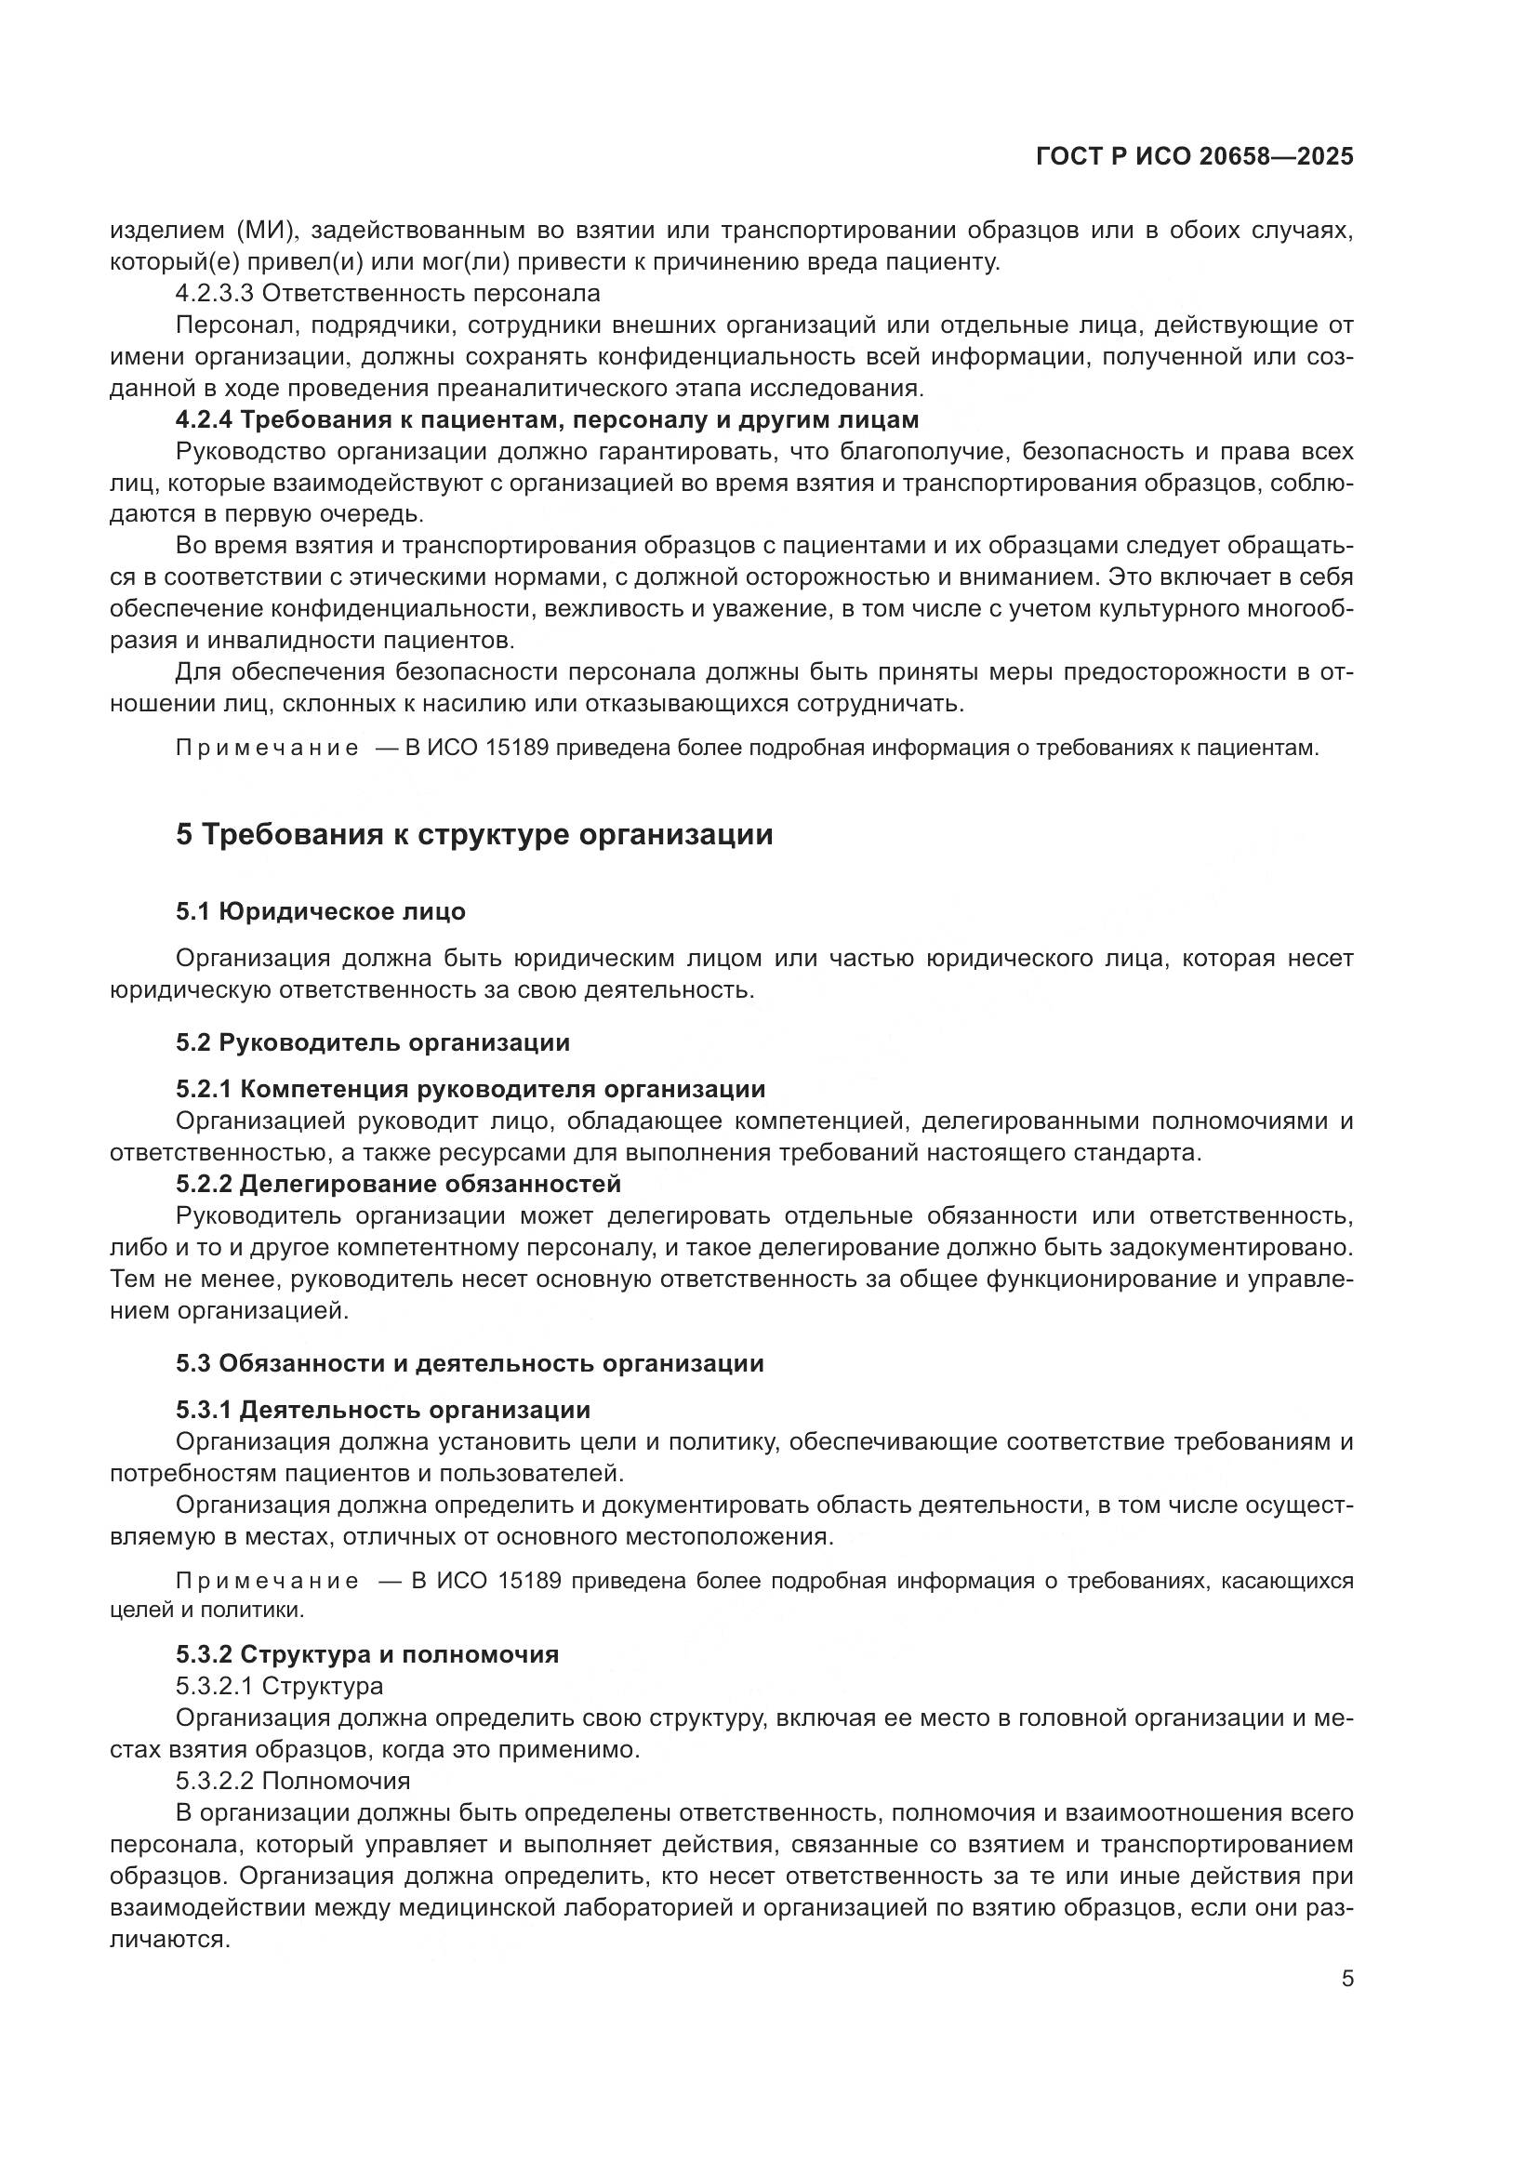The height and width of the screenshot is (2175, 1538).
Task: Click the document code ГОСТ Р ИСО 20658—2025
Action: [1194, 156]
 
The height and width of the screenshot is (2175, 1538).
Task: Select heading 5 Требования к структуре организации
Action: [473, 834]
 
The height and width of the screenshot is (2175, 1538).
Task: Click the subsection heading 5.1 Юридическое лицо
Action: [320, 911]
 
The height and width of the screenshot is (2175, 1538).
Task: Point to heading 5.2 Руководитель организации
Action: [372, 1043]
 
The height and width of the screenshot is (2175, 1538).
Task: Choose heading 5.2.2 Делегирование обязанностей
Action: [398, 1184]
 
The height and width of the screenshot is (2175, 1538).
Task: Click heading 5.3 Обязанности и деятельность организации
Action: [469, 1364]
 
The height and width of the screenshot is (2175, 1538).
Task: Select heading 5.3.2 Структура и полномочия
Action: [366, 1654]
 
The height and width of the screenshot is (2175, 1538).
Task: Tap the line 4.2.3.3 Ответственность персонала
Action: [388, 294]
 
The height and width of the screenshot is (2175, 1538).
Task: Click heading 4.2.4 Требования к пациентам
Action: [548, 419]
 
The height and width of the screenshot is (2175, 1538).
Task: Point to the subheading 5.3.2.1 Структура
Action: [279, 1686]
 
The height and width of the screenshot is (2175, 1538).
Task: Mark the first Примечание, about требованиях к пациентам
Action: [267, 749]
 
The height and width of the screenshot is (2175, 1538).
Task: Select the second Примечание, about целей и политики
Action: [267, 1581]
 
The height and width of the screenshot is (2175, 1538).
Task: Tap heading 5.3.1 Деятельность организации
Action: [382, 1411]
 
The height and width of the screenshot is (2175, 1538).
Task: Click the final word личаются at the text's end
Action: [169, 1939]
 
